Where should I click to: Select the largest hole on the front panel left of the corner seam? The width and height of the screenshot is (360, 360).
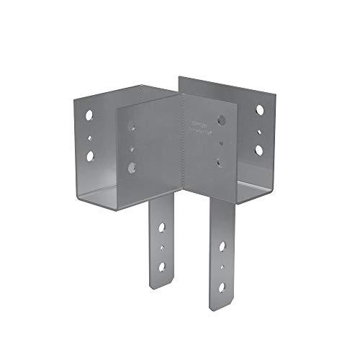[x=132, y=167]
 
